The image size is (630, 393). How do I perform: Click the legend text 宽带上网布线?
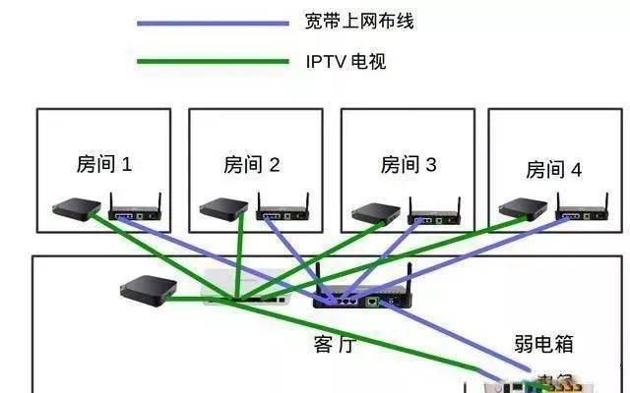click(359, 22)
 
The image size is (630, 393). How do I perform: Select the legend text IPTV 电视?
click(345, 63)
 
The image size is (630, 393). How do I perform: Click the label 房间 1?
click(103, 163)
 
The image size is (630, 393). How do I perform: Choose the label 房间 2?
click(252, 164)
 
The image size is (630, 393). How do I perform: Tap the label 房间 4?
click(553, 169)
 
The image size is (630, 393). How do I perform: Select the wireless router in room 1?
click(135, 210)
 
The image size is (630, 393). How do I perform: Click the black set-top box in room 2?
click(223, 208)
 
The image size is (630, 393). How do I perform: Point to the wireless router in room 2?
click(283, 210)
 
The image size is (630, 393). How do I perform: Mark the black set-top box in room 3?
click(376, 211)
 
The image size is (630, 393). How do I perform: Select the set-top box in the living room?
click(148, 288)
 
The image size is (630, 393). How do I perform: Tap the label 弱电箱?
click(543, 344)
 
